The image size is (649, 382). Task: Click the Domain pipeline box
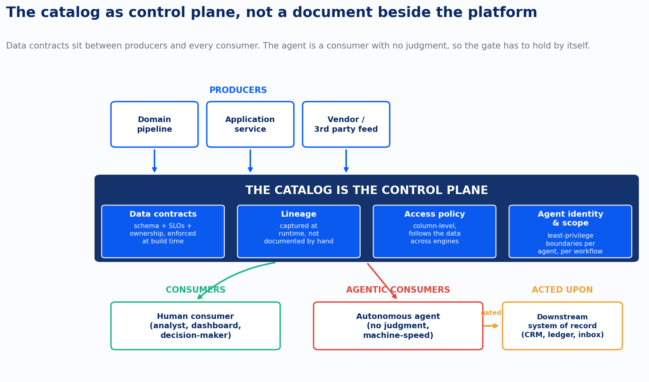(154, 124)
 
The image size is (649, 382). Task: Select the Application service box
(250, 124)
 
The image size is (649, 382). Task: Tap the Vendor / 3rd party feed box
(346, 124)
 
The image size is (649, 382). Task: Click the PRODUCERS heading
(238, 90)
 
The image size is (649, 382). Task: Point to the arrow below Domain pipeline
(154, 161)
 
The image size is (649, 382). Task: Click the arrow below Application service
(250, 161)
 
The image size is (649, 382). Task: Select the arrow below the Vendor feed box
(346, 161)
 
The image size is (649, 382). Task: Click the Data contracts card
(163, 231)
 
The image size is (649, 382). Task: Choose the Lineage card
(299, 231)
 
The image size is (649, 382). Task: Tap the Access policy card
(435, 231)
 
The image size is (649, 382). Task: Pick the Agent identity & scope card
(570, 231)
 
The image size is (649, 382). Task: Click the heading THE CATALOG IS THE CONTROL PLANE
(366, 190)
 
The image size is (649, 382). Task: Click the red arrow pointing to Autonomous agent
(382, 281)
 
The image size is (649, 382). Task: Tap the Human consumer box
(196, 326)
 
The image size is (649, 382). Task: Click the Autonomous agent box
(398, 326)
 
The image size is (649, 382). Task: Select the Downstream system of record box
(562, 326)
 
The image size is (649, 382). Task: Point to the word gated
(491, 313)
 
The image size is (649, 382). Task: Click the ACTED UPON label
(562, 290)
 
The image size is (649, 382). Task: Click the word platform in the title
(502, 13)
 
